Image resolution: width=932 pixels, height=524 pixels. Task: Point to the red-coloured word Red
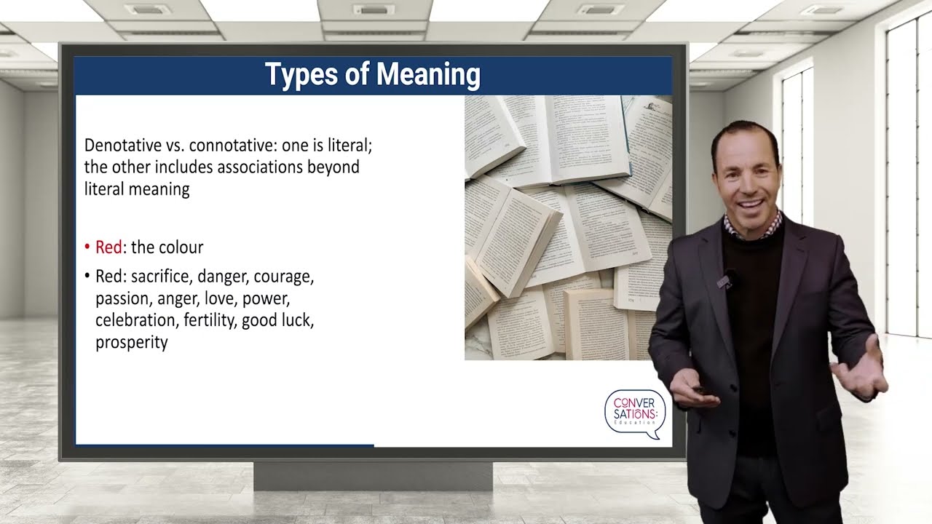(x=108, y=247)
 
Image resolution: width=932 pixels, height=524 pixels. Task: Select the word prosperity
(x=132, y=342)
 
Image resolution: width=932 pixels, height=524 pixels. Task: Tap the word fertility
(x=208, y=320)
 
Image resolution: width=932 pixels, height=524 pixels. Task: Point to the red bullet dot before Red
(x=87, y=247)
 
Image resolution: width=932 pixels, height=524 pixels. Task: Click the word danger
(x=222, y=277)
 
